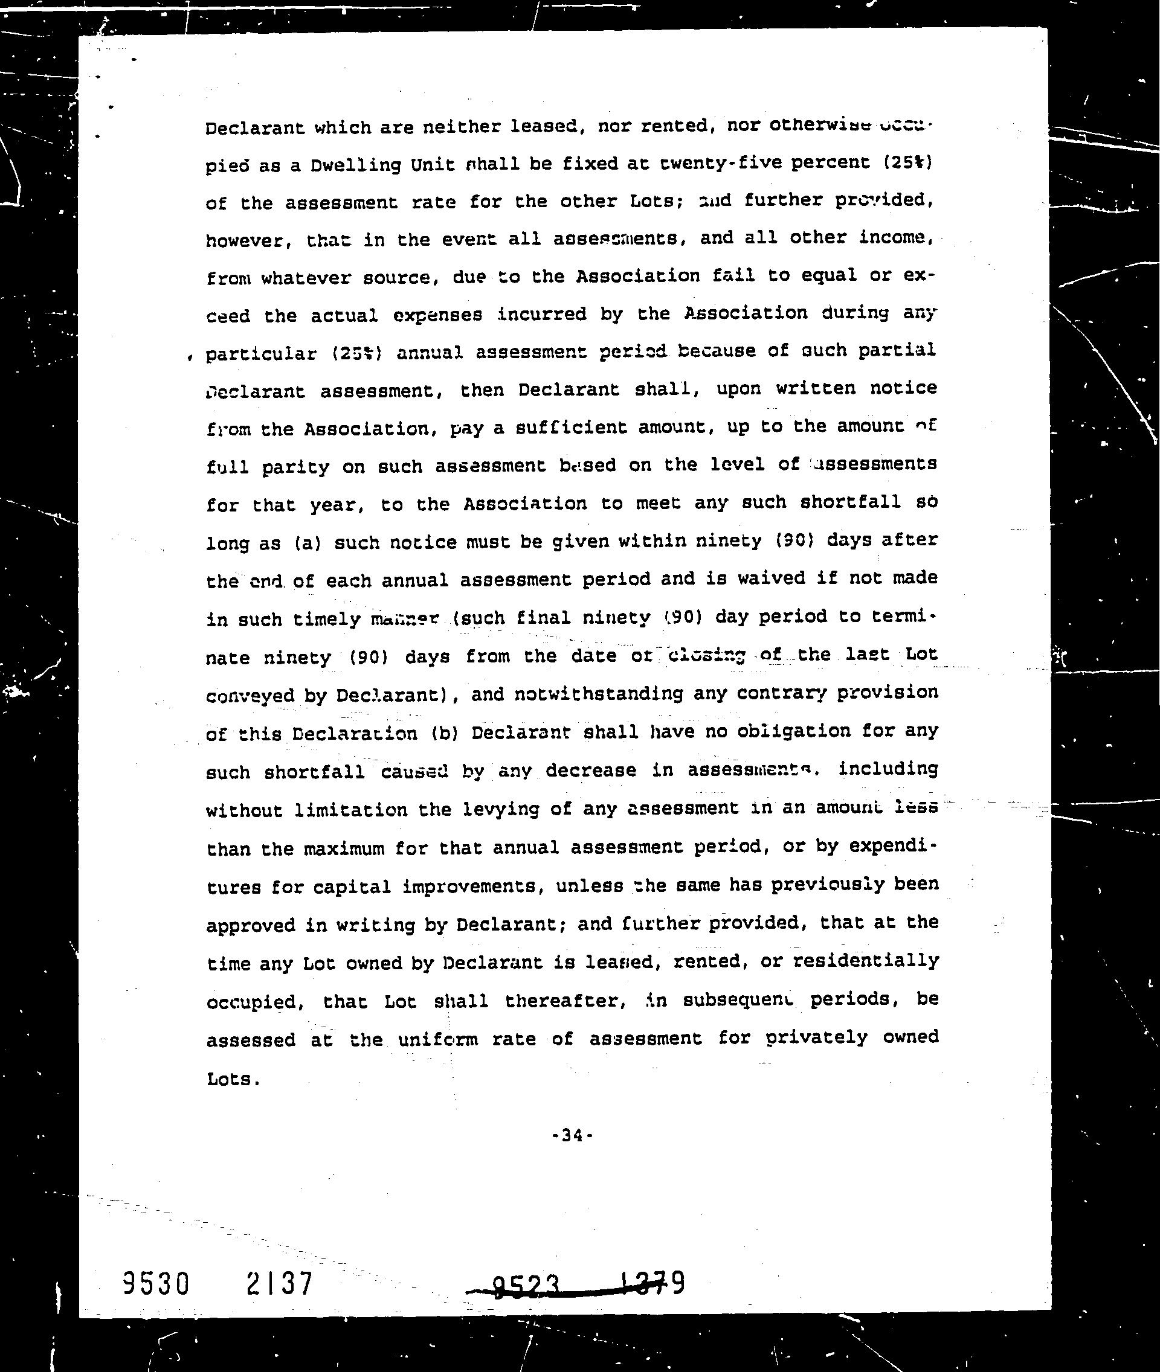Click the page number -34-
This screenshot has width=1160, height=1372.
pos(573,1135)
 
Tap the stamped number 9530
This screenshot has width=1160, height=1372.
pos(156,1283)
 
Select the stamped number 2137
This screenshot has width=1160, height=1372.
pos(280,1283)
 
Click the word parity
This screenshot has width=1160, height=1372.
pos(295,467)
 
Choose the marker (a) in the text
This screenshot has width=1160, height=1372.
pos(307,543)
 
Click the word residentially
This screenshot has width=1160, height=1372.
pos(865,961)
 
